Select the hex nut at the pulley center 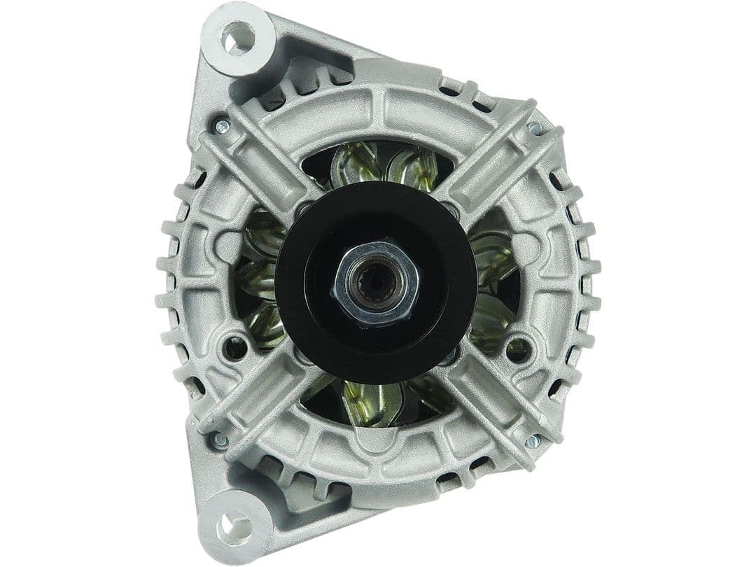[x=377, y=283]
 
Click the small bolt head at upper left [x=222, y=126]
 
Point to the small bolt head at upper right [x=535, y=128]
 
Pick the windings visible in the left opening [x=262, y=280]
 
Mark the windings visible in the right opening [x=493, y=280]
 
